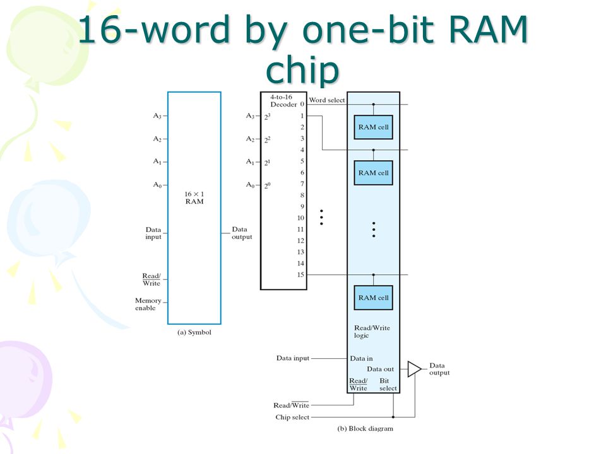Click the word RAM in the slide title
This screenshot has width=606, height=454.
(488, 30)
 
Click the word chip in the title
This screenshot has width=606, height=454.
(302, 70)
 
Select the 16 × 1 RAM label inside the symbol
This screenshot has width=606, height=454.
(194, 197)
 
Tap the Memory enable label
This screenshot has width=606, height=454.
(148, 304)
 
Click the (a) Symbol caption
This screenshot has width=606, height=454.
(194, 332)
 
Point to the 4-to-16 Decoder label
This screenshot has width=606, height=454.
(283, 101)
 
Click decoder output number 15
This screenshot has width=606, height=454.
(300, 275)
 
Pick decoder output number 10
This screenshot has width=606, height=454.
(300, 218)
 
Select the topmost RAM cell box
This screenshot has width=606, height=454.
(373, 127)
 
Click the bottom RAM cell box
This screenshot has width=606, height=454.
(373, 298)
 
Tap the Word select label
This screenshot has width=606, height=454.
(326, 100)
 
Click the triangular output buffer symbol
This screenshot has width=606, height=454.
(414, 369)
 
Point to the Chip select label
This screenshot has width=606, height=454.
(292, 417)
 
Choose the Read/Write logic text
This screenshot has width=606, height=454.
(372, 332)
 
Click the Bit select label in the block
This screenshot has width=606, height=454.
(388, 385)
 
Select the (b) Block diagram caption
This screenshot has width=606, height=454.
(365, 429)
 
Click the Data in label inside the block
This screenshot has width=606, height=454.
(361, 358)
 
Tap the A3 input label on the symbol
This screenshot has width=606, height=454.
(157, 116)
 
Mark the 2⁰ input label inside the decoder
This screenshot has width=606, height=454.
(267, 185)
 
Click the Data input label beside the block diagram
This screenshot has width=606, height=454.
(292, 358)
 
